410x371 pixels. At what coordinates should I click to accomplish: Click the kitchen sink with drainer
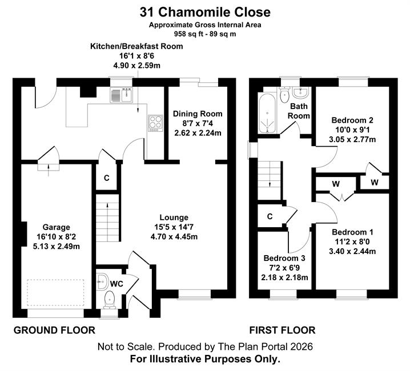pyautogui.click(x=122, y=95)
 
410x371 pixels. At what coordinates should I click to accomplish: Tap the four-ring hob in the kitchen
pyautogui.click(x=155, y=123)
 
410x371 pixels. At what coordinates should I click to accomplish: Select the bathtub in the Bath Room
pyautogui.click(x=267, y=113)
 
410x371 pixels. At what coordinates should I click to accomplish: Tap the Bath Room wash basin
pyautogui.click(x=301, y=92)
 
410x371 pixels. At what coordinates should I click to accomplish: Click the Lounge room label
pyautogui.click(x=174, y=217)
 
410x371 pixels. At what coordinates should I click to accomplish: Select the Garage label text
pyautogui.click(x=56, y=227)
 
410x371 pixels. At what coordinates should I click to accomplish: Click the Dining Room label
pyautogui.click(x=198, y=114)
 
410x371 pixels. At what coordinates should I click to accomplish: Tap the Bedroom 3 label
pyautogui.click(x=284, y=259)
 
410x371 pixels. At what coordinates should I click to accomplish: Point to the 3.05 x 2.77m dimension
pyautogui.click(x=352, y=139)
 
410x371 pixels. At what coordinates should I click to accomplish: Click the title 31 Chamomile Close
pyautogui.click(x=205, y=12)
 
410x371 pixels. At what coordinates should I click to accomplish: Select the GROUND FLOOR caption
pyautogui.click(x=54, y=330)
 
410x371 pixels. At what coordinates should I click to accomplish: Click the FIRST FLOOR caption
pyautogui.click(x=282, y=330)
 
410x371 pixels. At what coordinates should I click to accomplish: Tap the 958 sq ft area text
pyautogui.click(x=186, y=34)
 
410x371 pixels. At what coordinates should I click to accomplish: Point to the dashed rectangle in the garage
pyautogui.click(x=55, y=293)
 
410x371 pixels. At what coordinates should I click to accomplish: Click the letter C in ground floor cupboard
pyautogui.click(x=106, y=178)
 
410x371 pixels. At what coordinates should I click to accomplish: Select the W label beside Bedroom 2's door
pyautogui.click(x=375, y=182)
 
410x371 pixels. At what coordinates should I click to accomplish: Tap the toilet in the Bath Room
pyautogui.click(x=284, y=95)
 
